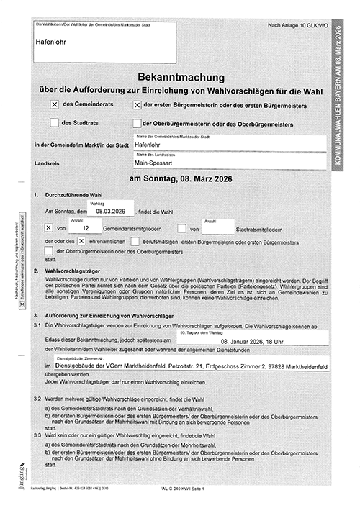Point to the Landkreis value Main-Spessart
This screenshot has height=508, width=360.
coord(154,163)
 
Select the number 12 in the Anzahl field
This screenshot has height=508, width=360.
coord(86,228)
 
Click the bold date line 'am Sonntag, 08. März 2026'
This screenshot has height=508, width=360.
coord(181,178)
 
